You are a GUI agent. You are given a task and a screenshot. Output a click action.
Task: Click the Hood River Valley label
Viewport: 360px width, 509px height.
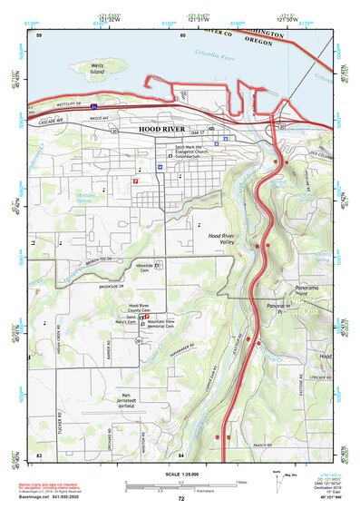pos(221,240)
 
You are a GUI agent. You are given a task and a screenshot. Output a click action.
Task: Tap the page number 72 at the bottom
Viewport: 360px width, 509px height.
pos(180,499)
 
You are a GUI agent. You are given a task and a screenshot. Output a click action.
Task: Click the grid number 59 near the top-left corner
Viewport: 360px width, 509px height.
pos(38,34)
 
